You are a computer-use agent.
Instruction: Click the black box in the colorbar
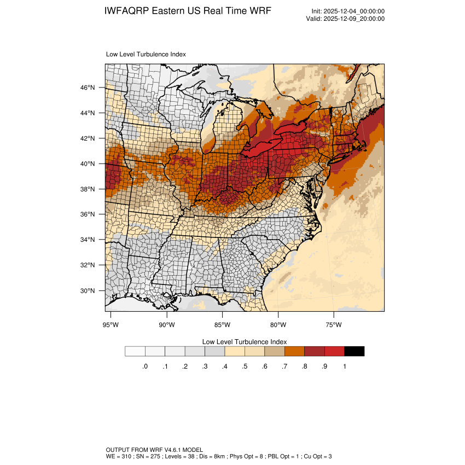click(354, 351)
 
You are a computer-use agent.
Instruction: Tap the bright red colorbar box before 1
click(334, 351)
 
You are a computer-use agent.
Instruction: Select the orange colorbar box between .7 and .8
click(294, 351)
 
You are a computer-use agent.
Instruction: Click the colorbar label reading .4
click(224, 367)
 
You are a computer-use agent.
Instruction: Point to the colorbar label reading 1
click(344, 367)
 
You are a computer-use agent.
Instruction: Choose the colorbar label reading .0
click(145, 367)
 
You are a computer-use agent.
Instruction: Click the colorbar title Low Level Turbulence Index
click(245, 341)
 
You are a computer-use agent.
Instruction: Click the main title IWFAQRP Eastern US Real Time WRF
click(188, 11)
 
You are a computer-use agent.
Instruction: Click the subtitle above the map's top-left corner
click(146, 55)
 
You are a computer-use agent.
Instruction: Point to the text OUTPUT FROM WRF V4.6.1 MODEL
click(154, 450)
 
